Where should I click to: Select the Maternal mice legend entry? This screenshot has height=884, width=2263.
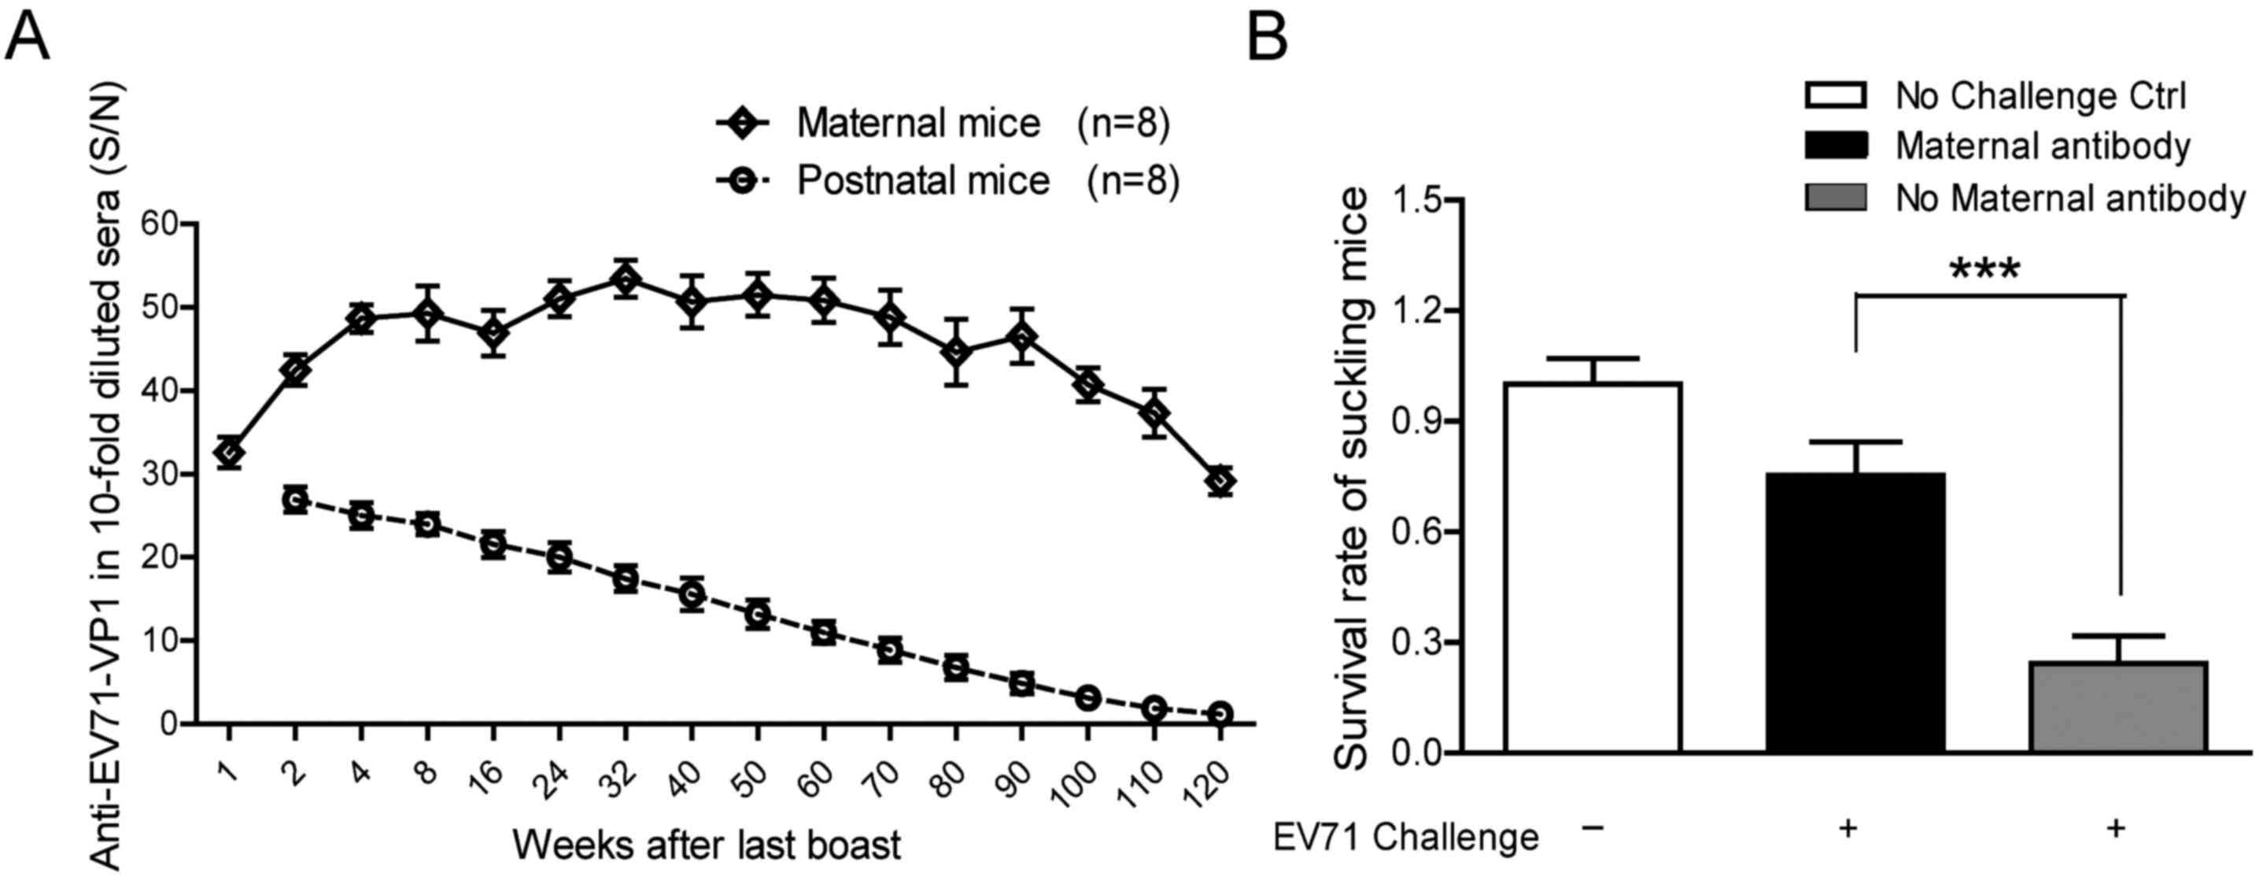(x=918, y=124)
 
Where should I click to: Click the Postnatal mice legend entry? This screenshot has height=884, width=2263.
(x=922, y=181)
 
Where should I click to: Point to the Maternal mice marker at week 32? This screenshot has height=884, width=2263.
(x=625, y=280)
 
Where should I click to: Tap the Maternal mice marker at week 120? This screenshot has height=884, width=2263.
(x=1220, y=482)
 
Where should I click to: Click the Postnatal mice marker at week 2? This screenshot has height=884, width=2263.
(x=295, y=500)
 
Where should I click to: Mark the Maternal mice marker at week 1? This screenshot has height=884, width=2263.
(x=229, y=453)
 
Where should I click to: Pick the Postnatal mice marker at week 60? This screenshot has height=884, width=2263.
(x=823, y=633)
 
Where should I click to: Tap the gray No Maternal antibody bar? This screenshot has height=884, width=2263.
(x=2119, y=707)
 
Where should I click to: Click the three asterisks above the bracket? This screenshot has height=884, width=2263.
(x=1984, y=270)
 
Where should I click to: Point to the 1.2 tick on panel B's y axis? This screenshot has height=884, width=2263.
(x=1417, y=311)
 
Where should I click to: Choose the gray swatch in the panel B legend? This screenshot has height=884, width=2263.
(x=1836, y=198)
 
